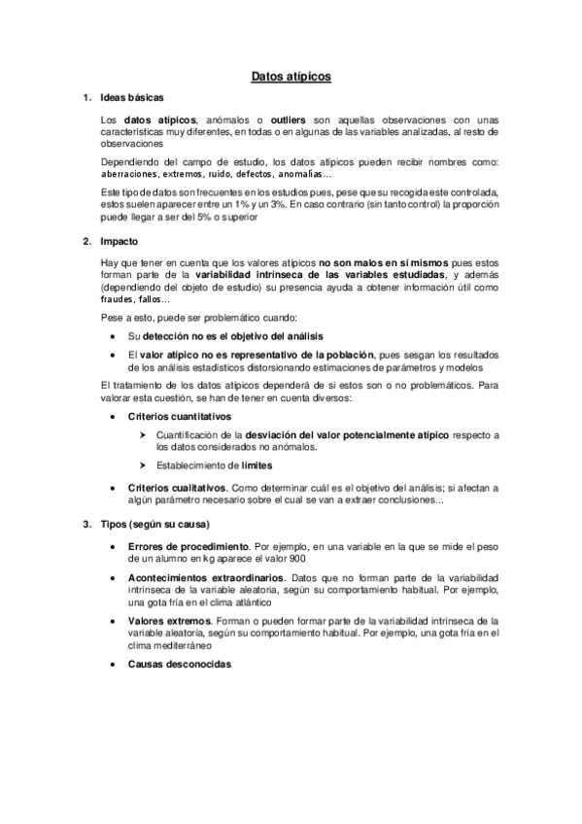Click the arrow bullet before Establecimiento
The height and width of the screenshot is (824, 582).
coord(143,464)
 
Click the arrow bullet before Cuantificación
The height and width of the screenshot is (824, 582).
coord(143,432)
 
